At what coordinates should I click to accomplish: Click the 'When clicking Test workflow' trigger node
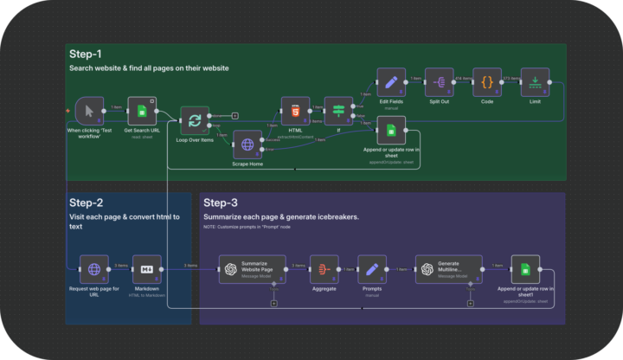(x=90, y=111)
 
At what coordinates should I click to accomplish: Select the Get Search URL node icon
(x=142, y=111)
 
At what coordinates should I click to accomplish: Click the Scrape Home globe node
(x=247, y=145)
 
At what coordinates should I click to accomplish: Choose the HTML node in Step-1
(x=294, y=111)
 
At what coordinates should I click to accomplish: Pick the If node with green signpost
(x=338, y=111)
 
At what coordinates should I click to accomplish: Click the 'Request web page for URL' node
(x=94, y=269)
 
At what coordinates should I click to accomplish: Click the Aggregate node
(x=323, y=269)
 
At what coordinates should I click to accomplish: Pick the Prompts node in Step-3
(x=370, y=269)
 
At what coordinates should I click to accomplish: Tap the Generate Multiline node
(x=446, y=269)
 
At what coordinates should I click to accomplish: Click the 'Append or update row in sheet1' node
(x=524, y=269)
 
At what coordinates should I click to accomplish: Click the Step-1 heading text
(x=87, y=54)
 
